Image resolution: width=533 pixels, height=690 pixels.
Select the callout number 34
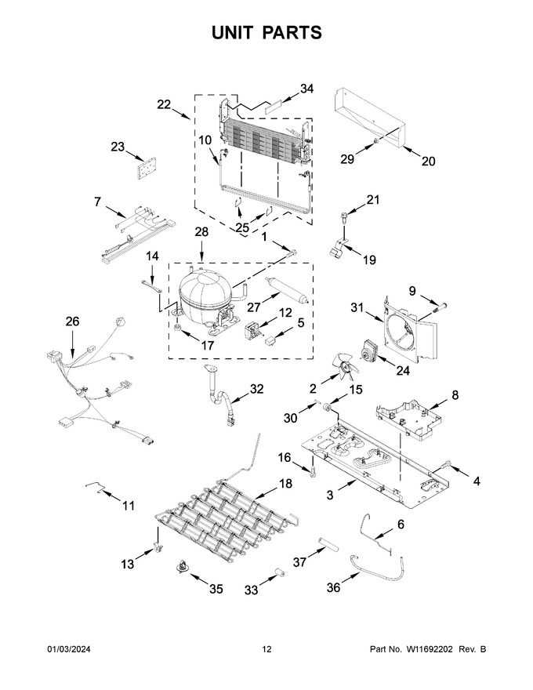(306, 89)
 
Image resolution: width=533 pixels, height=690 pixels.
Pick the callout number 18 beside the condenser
(285, 484)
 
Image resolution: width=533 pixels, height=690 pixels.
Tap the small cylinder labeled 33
(277, 573)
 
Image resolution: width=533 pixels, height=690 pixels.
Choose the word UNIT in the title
(232, 33)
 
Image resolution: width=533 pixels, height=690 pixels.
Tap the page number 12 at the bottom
(266, 649)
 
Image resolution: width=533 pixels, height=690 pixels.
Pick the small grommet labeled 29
(376, 141)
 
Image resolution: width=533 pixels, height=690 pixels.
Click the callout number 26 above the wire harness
(73, 321)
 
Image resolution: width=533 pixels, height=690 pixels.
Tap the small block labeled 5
(269, 340)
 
